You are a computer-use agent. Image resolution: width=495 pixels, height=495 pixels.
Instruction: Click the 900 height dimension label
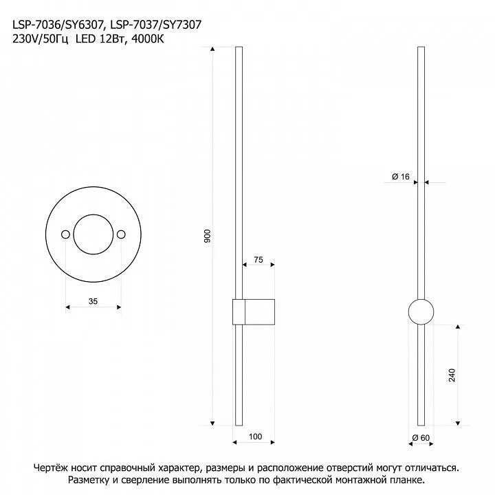pyautogui.click(x=207, y=236)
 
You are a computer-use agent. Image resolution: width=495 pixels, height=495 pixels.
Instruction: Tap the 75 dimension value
pyautogui.click(x=258, y=259)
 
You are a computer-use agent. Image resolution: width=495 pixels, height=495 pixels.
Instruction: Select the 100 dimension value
pyautogui.click(x=255, y=437)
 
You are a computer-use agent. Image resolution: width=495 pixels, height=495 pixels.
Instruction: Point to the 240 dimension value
pyautogui.click(x=452, y=375)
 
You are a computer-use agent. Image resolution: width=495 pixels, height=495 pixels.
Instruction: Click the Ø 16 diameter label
pyautogui.click(x=401, y=177)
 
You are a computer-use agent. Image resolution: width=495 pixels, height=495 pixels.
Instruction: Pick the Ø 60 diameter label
pyautogui.click(x=421, y=438)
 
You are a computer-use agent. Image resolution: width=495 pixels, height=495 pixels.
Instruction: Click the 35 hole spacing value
pyautogui.click(x=93, y=301)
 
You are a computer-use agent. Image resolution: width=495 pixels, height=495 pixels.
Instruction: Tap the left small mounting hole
pyautogui.click(x=66, y=234)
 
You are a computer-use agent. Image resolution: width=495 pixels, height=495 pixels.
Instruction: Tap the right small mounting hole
pyautogui.click(x=121, y=234)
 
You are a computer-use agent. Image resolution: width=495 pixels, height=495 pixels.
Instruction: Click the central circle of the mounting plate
pyautogui.click(x=93, y=214)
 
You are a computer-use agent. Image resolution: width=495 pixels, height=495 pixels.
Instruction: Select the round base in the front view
pyautogui.click(x=421, y=299)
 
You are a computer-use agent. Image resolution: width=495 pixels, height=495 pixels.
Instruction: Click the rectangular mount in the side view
pyautogui.click(x=254, y=299)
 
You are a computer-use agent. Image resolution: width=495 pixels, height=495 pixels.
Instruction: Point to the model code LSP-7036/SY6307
pyautogui.click(x=58, y=25)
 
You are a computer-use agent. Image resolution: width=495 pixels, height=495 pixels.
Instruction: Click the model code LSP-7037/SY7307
pyautogui.click(x=156, y=25)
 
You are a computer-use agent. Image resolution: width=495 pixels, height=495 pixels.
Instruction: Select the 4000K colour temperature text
pyautogui.click(x=148, y=38)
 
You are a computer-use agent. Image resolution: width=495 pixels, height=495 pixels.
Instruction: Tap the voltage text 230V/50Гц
pyautogui.click(x=40, y=39)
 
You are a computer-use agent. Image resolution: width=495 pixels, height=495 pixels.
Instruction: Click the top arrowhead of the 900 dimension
pyautogui.click(x=212, y=49)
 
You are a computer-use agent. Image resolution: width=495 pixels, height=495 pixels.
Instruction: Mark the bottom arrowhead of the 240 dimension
pyautogui.click(x=458, y=423)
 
